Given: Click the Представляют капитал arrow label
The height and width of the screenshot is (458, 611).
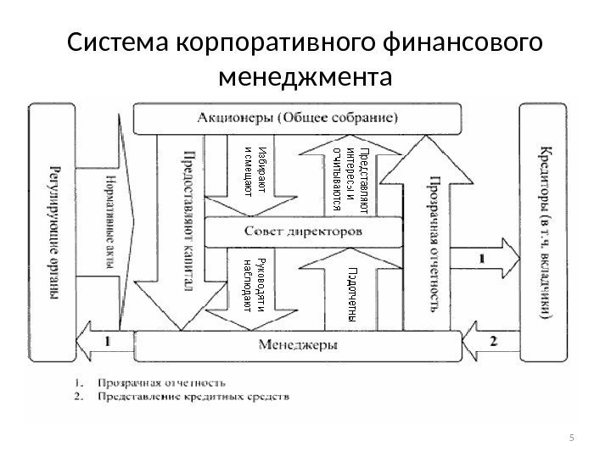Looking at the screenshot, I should (x=188, y=221).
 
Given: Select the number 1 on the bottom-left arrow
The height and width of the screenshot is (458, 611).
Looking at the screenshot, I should (x=108, y=340).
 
